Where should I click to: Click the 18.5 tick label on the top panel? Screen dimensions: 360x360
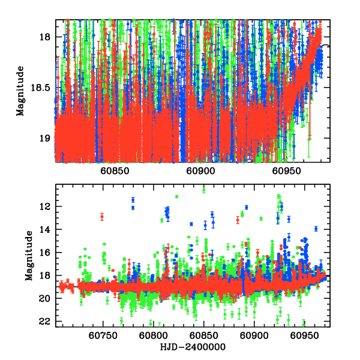[x=41, y=88]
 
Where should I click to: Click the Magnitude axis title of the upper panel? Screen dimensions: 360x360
[x=21, y=91]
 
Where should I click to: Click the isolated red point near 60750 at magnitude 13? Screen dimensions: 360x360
[x=102, y=217]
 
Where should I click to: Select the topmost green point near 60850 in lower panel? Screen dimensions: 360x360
[x=204, y=190]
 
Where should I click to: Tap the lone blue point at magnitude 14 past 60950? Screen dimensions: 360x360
[x=316, y=229]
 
